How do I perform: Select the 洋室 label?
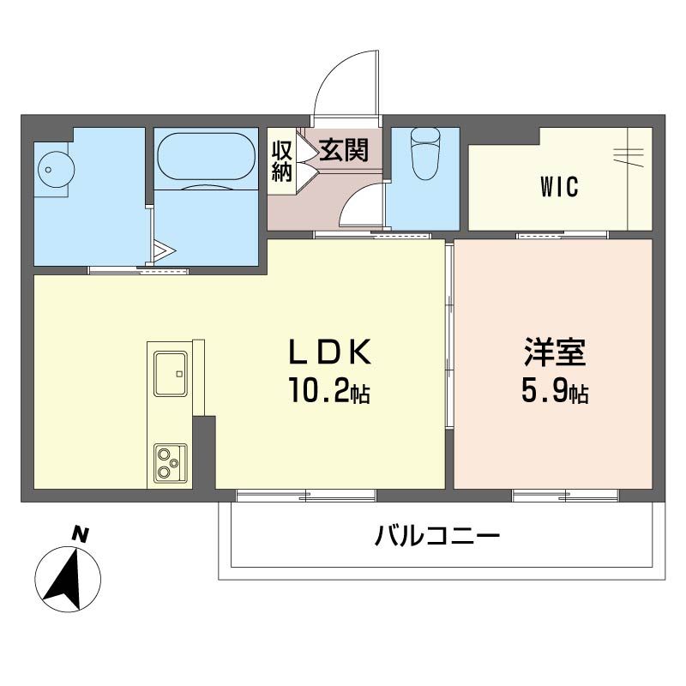pos(555,352)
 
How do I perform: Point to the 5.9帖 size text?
pos(554,393)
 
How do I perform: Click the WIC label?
pos(559,186)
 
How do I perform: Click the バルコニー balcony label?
pos(436,539)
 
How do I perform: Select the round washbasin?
pos(51,169)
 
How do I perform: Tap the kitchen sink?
pos(171,373)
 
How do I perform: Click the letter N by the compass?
pos(80,534)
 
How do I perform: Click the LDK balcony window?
pos(306,495)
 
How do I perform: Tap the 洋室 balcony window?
pos(565,495)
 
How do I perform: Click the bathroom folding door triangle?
pos(164,251)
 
